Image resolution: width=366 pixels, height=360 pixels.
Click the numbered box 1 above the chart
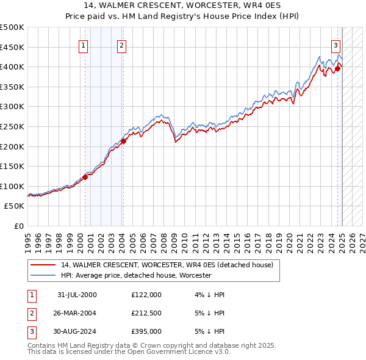point(82,45)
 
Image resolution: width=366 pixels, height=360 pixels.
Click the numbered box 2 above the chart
point(122,45)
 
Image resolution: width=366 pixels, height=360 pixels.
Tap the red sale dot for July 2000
point(85,177)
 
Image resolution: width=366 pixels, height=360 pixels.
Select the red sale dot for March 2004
point(123,141)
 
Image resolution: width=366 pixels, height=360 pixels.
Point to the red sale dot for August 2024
point(337,68)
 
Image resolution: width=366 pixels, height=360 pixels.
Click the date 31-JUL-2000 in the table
point(77,295)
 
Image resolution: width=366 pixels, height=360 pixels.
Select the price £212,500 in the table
point(146,313)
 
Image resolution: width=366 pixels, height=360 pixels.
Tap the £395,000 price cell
point(146,331)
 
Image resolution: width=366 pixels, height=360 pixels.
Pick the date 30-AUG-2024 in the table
point(77,331)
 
